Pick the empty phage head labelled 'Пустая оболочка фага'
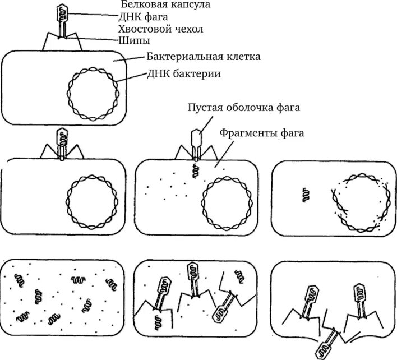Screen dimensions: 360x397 (x=197, y=136)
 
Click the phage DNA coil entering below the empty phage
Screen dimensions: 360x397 (x=197, y=170)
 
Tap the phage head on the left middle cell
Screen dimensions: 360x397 (x=61, y=136)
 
